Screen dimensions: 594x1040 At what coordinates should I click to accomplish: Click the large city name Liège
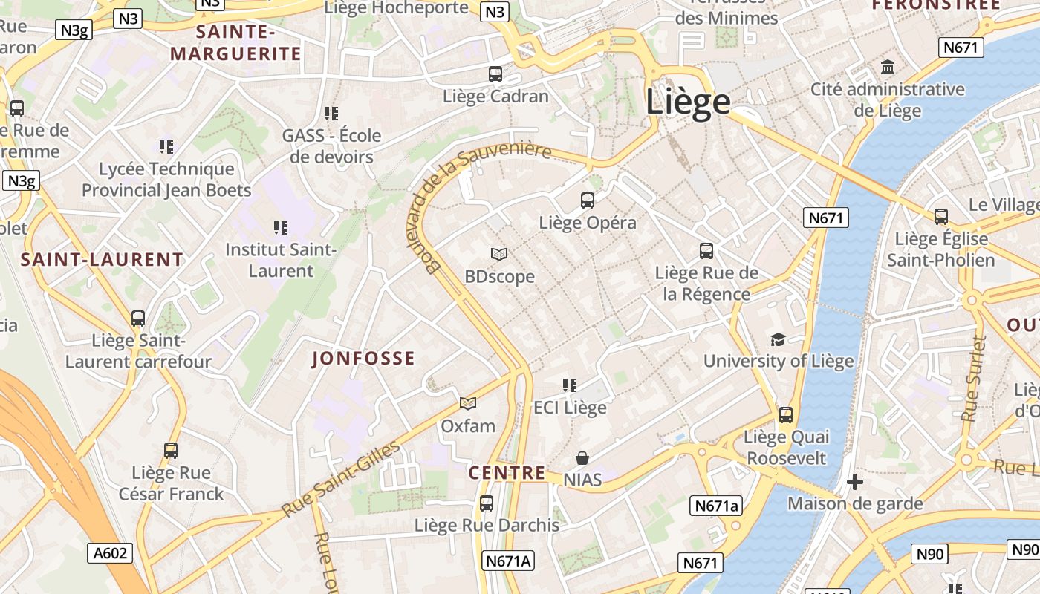pyautogui.click(x=688, y=101)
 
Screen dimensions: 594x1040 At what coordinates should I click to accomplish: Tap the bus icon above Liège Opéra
pyautogui.click(x=588, y=200)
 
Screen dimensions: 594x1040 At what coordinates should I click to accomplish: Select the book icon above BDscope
pyautogui.click(x=499, y=254)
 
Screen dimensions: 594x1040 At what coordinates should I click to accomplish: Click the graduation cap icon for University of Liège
pyautogui.click(x=778, y=339)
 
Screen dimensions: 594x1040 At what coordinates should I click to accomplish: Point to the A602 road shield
pyautogui.click(x=111, y=552)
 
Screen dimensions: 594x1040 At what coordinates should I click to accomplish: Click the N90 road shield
pyautogui.click(x=929, y=554)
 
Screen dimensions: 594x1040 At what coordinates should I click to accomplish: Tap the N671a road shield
pyautogui.click(x=716, y=506)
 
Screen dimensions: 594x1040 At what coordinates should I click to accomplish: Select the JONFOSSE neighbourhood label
pyautogui.click(x=363, y=359)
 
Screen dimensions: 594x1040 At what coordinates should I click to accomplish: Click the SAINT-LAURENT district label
pyautogui.click(x=102, y=260)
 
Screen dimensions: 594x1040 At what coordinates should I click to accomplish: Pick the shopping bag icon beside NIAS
pyautogui.click(x=582, y=458)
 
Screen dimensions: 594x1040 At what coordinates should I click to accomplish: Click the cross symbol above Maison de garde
pyautogui.click(x=855, y=482)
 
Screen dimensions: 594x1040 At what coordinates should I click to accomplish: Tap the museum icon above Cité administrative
pyautogui.click(x=887, y=68)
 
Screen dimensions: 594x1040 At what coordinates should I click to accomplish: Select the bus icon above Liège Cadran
pyautogui.click(x=495, y=74)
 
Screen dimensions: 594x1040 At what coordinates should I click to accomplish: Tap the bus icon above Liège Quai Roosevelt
pyautogui.click(x=786, y=414)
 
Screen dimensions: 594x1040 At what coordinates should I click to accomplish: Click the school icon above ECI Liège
pyautogui.click(x=570, y=385)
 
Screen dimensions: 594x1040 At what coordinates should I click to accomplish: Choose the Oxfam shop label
pyautogui.click(x=468, y=426)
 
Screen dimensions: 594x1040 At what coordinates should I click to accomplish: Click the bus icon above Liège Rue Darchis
pyautogui.click(x=487, y=503)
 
